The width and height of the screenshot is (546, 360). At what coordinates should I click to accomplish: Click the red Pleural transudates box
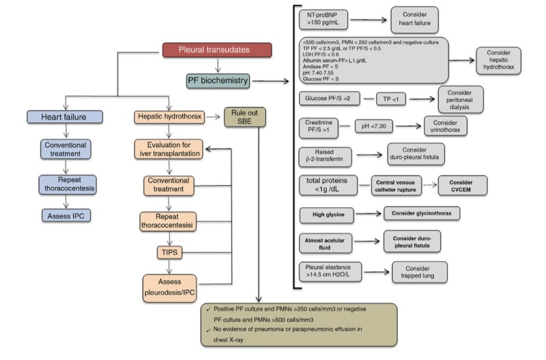click(217, 50)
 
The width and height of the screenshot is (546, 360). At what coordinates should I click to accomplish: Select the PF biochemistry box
click(218, 81)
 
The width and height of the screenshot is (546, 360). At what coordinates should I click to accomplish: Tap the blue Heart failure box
click(65, 117)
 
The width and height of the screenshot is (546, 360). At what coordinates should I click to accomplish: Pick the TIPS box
click(170, 252)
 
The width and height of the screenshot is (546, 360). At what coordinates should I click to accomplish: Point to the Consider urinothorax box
click(444, 126)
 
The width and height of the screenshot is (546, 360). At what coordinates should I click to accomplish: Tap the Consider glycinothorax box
click(421, 213)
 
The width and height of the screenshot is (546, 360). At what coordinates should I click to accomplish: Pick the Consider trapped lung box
click(419, 272)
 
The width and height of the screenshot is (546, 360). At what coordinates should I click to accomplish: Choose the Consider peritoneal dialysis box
click(460, 99)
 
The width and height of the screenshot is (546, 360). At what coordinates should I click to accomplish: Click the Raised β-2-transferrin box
click(325, 157)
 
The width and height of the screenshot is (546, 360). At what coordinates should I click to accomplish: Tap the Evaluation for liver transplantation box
click(169, 149)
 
